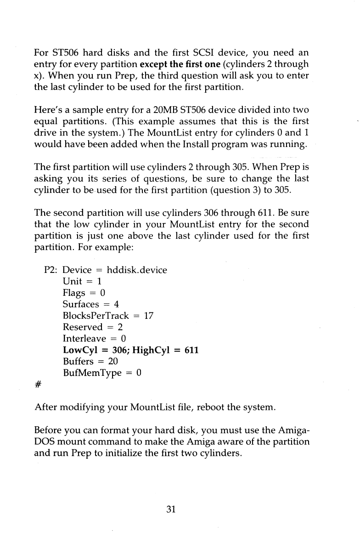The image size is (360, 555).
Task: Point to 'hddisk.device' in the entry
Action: pyautogui.click(x=137, y=270)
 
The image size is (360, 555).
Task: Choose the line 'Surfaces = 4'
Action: pyautogui.click(x=91, y=304)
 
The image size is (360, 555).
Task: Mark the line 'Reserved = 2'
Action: pyautogui.click(x=92, y=327)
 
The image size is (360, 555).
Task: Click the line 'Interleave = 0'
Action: pyautogui.click(x=95, y=339)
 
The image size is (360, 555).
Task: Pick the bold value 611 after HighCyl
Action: pyautogui.click(x=191, y=350)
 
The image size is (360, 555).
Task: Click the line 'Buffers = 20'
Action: pyautogui.click(x=90, y=362)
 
